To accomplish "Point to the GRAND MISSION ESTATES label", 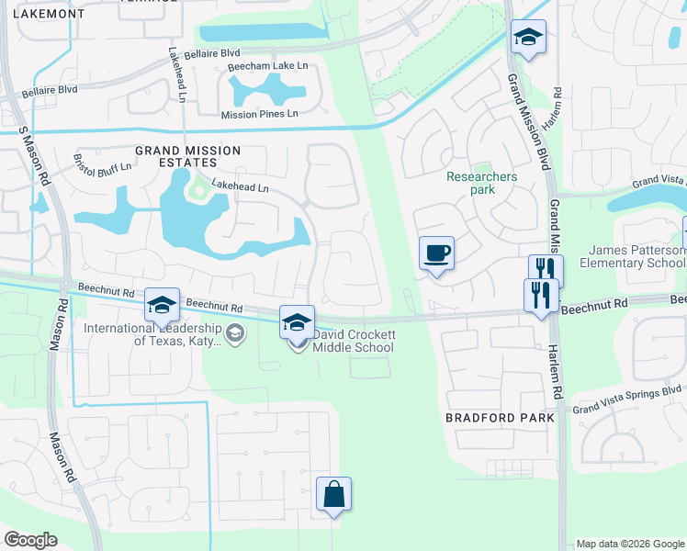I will (187, 157).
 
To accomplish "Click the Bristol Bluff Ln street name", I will (103, 163).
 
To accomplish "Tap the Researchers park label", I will (481, 183).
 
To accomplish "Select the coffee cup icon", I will (437, 253).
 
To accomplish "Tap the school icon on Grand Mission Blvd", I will (528, 38).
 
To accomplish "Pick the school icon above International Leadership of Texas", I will (162, 306).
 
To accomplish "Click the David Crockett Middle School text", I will (354, 342).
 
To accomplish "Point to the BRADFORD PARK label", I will (500, 417).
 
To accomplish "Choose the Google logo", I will (30, 540).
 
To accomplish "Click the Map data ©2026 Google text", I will (630, 544).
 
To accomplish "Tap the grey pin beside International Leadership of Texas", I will (236, 333).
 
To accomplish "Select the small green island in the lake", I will (196, 189).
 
